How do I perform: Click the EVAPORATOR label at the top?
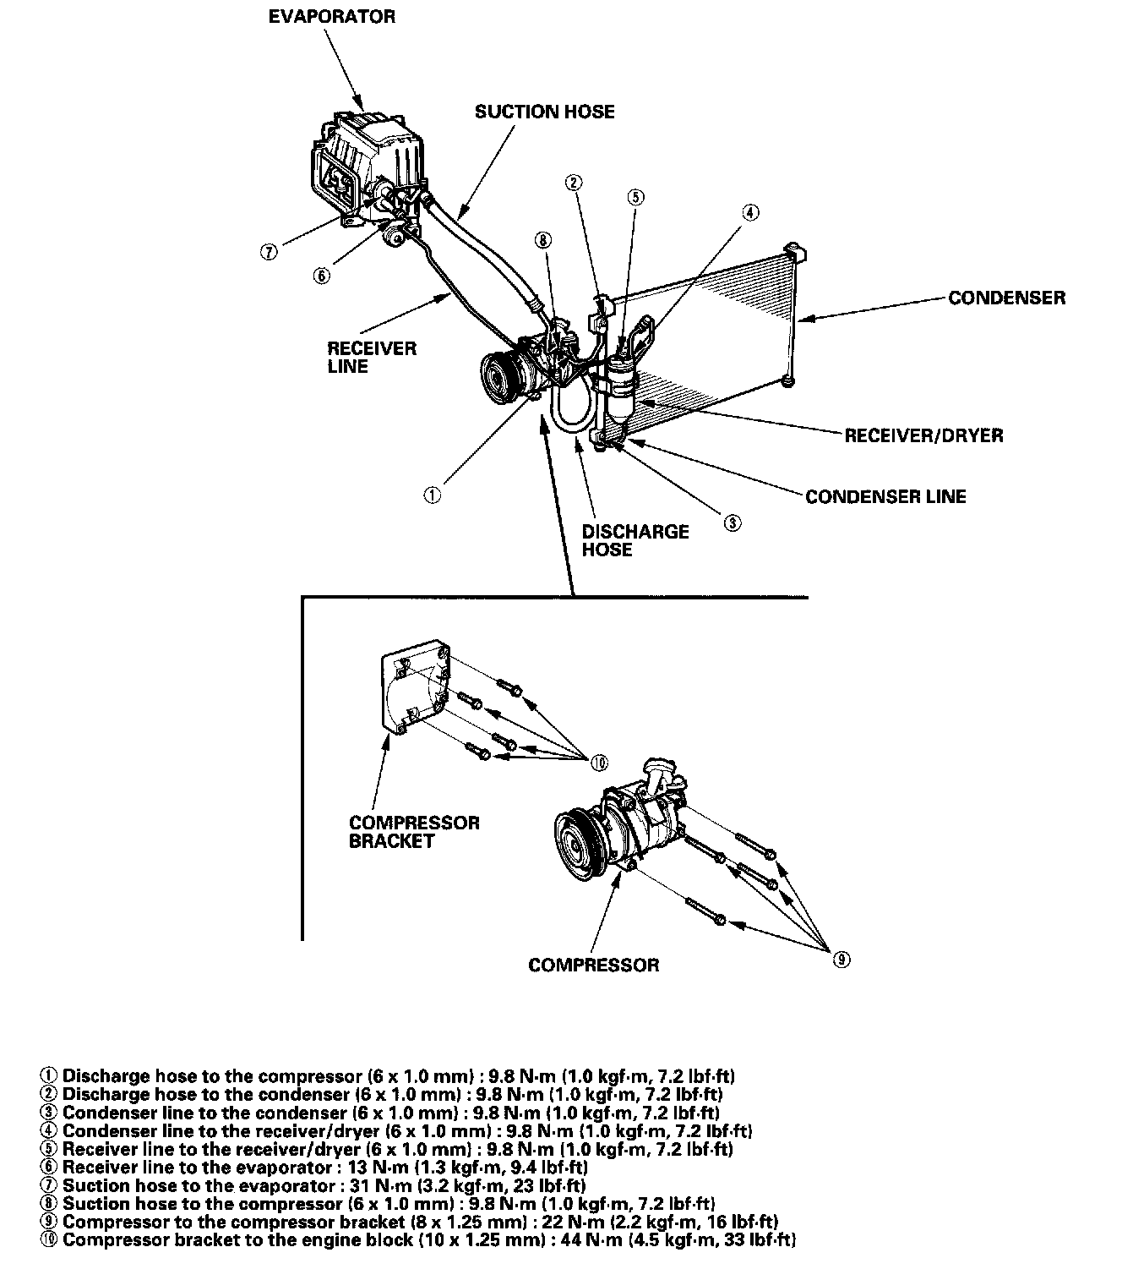pos(331,17)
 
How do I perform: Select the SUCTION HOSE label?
pos(544,112)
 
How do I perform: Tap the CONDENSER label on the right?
pos(1006,298)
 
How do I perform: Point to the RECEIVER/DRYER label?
pos(923,435)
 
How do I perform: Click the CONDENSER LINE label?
pos(885,496)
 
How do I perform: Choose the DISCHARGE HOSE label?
pos(635,540)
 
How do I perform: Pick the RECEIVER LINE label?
pos(372,357)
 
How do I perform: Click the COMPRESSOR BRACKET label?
pos(413,831)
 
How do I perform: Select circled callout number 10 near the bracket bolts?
pos(599,762)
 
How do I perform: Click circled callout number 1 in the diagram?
pos(432,495)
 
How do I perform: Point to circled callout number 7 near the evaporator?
pos(268,251)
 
